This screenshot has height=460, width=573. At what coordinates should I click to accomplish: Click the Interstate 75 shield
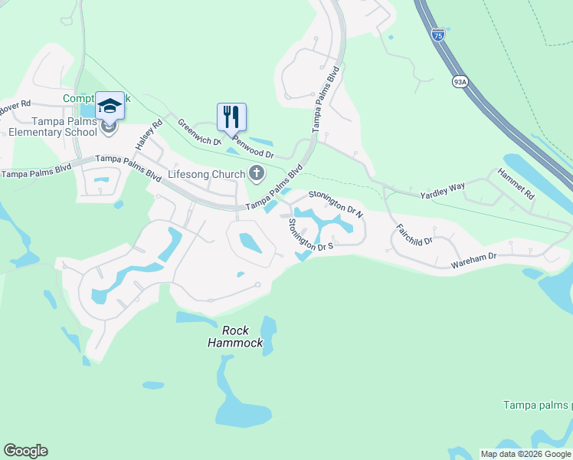tap(437, 35)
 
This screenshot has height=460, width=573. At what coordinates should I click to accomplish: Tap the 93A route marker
tap(460, 81)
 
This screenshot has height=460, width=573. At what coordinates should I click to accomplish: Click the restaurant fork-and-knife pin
tap(231, 117)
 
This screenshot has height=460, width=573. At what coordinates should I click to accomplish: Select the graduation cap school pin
tap(110, 107)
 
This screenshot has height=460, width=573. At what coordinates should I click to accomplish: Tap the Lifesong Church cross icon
tap(256, 175)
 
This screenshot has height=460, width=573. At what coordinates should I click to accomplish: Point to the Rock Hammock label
tap(235, 337)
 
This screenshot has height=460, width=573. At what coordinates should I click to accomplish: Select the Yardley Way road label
tap(442, 196)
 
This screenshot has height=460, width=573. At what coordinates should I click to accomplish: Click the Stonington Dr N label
tap(335, 202)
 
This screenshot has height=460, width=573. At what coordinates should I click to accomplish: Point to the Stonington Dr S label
tap(309, 235)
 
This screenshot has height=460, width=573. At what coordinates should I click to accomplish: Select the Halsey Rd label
tap(149, 135)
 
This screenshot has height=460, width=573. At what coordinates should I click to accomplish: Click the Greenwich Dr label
tap(198, 131)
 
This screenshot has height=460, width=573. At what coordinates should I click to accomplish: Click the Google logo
tap(25, 451)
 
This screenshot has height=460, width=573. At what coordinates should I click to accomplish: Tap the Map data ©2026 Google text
tap(526, 454)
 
